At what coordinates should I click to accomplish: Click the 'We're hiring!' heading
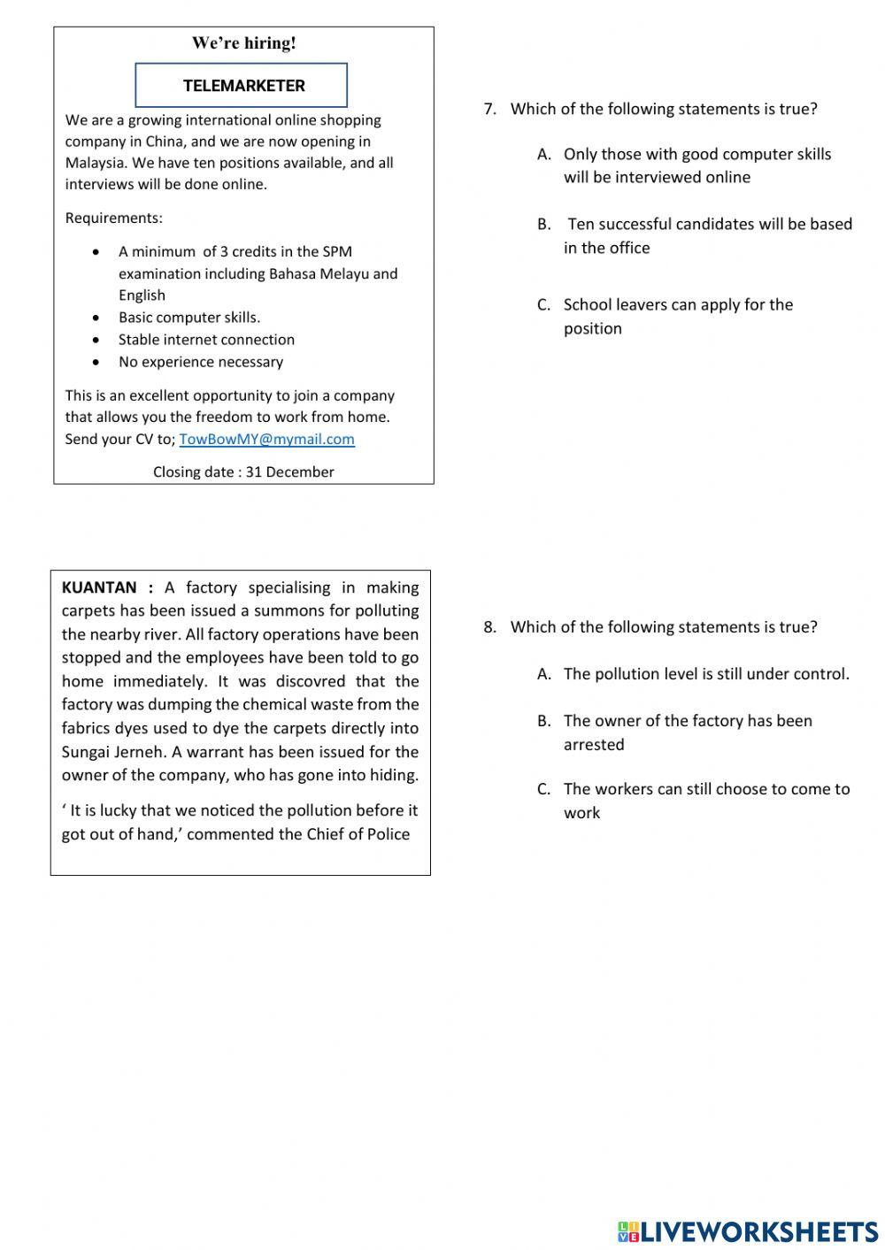click(243, 42)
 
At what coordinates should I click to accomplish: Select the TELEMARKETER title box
click(242, 86)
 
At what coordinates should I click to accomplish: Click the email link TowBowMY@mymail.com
click(266, 439)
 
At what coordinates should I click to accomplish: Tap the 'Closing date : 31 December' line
click(243, 472)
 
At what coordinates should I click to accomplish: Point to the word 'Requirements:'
click(113, 218)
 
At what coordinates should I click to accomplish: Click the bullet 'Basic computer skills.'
click(189, 317)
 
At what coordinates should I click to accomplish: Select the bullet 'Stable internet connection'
click(206, 339)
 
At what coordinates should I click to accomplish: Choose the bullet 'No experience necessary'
click(201, 361)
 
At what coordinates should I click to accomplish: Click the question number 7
click(489, 109)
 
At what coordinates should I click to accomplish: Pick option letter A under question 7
click(543, 154)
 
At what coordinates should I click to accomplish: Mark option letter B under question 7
click(543, 224)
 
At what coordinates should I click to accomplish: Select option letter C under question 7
click(543, 304)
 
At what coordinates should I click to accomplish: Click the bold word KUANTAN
click(99, 587)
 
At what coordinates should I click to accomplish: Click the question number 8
click(489, 627)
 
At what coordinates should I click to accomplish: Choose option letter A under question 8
click(543, 674)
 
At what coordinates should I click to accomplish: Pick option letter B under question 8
click(543, 721)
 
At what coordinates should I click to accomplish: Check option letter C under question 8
click(543, 789)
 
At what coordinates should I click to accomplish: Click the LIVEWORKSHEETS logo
click(748, 1231)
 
